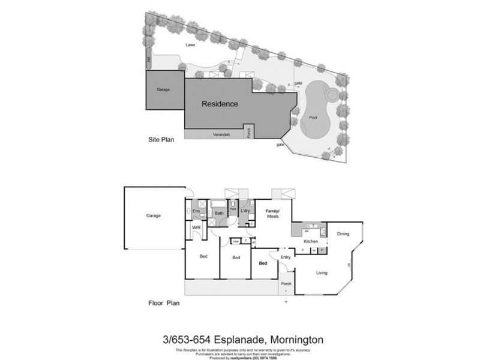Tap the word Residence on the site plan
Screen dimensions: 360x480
pyautogui.click(x=220, y=104)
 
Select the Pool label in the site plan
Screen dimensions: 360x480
pyautogui.click(x=313, y=118)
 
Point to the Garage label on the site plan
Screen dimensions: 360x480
pyautogui.click(x=163, y=89)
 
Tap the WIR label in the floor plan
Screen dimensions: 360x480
pyautogui.click(x=196, y=229)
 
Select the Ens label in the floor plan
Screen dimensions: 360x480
pyautogui.click(x=196, y=212)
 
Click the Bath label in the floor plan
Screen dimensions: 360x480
pyautogui.click(x=220, y=213)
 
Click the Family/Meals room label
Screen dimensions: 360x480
pyautogui.click(x=274, y=215)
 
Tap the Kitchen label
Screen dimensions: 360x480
pyautogui.click(x=310, y=241)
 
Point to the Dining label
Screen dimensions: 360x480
pyautogui.click(x=343, y=234)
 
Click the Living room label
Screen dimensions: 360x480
pyautogui.click(x=322, y=273)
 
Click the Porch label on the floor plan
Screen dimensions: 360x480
pyautogui.click(x=287, y=284)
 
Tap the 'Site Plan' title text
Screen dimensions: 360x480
pyautogui.click(x=161, y=141)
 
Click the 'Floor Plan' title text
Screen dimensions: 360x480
pyautogui.click(x=164, y=303)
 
